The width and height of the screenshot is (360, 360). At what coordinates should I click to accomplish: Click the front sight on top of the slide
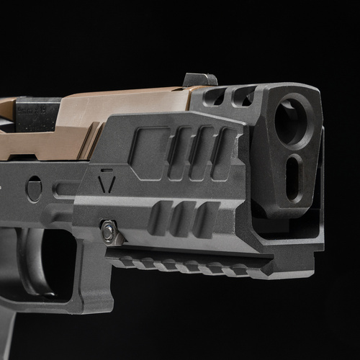tap(199, 79)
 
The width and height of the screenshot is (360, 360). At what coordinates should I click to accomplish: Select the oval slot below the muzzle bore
tap(294, 176)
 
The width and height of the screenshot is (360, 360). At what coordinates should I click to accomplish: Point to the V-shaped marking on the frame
tap(107, 182)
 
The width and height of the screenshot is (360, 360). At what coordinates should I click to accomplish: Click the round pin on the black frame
tap(34, 189)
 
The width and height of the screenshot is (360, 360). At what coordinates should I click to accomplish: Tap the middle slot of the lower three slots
tap(181, 219)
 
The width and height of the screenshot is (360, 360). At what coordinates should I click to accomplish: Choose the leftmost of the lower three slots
tap(160, 219)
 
